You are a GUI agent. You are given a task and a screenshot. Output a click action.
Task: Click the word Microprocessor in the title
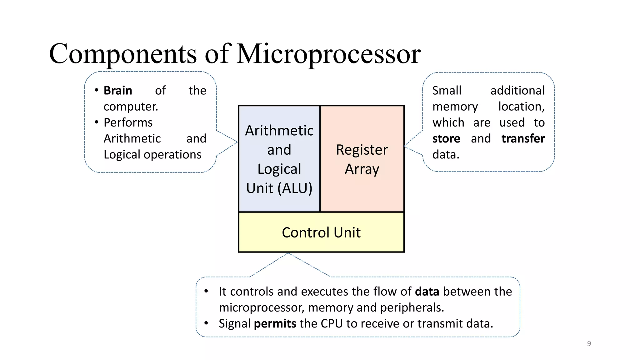click(328, 54)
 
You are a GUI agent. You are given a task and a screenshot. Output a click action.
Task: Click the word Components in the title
click(123, 54)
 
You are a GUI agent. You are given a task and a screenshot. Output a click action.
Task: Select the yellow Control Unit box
click(321, 232)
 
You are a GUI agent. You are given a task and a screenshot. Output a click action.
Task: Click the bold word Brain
click(118, 91)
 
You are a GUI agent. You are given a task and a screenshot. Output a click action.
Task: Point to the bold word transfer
click(523, 138)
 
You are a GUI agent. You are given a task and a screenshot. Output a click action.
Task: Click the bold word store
click(446, 138)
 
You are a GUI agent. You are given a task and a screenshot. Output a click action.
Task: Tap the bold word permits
click(275, 323)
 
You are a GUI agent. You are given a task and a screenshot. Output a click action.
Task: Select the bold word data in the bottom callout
click(427, 292)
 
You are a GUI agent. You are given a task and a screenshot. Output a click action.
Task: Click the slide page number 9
click(589, 343)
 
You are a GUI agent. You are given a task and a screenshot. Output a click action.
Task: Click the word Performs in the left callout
click(128, 122)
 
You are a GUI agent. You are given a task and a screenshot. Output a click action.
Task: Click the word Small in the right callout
click(447, 91)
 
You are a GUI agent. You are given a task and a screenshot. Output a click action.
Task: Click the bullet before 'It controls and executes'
click(206, 291)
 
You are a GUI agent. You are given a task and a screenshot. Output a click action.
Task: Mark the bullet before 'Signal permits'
click(206, 323)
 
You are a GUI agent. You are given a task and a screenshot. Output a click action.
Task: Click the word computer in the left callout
click(130, 107)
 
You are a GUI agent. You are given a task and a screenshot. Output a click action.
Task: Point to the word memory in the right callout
click(455, 107)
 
